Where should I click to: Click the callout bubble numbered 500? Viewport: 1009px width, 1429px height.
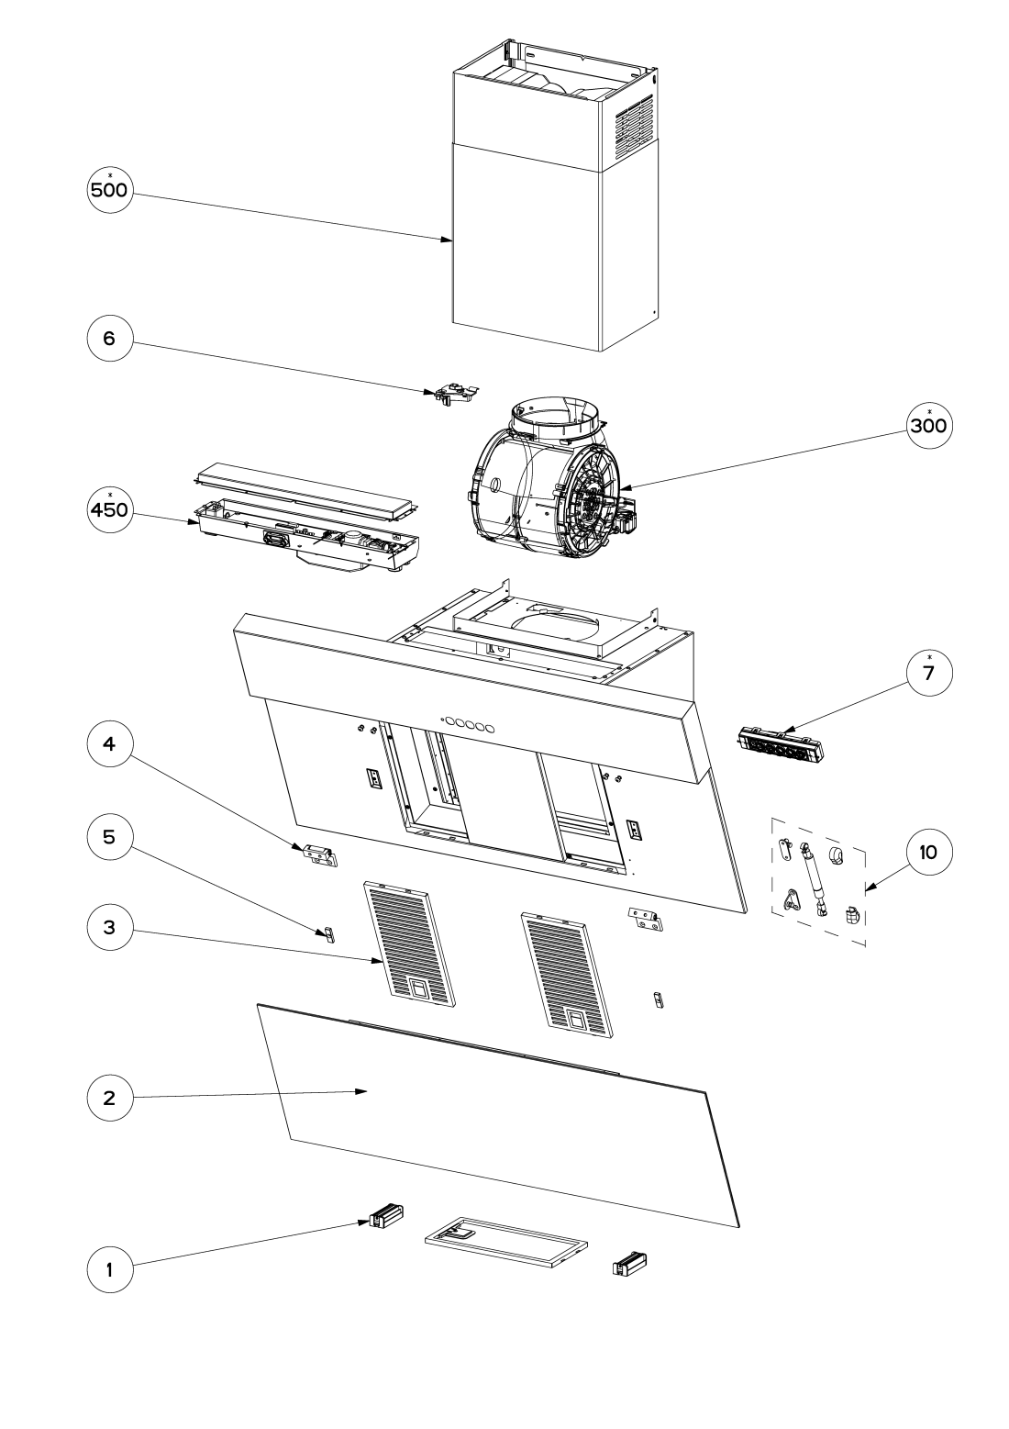(110, 189)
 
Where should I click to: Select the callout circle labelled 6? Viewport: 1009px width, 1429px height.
(110, 338)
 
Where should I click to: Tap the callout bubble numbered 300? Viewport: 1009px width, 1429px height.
(928, 426)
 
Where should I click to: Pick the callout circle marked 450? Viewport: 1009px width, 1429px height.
(110, 509)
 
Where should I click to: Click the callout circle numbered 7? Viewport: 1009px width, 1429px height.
(928, 673)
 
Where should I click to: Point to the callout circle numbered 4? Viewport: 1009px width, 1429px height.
(110, 743)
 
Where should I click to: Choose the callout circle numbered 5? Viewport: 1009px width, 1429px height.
(110, 836)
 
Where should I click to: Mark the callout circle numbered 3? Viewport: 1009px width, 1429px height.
(110, 927)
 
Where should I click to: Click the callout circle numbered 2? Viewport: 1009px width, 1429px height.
(110, 1098)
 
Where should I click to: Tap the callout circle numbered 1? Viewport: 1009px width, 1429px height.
(110, 1269)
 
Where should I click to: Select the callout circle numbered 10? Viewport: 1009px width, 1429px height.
(928, 852)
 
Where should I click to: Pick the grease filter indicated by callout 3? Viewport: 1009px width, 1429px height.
(409, 944)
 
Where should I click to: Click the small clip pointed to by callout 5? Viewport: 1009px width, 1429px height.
(328, 934)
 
